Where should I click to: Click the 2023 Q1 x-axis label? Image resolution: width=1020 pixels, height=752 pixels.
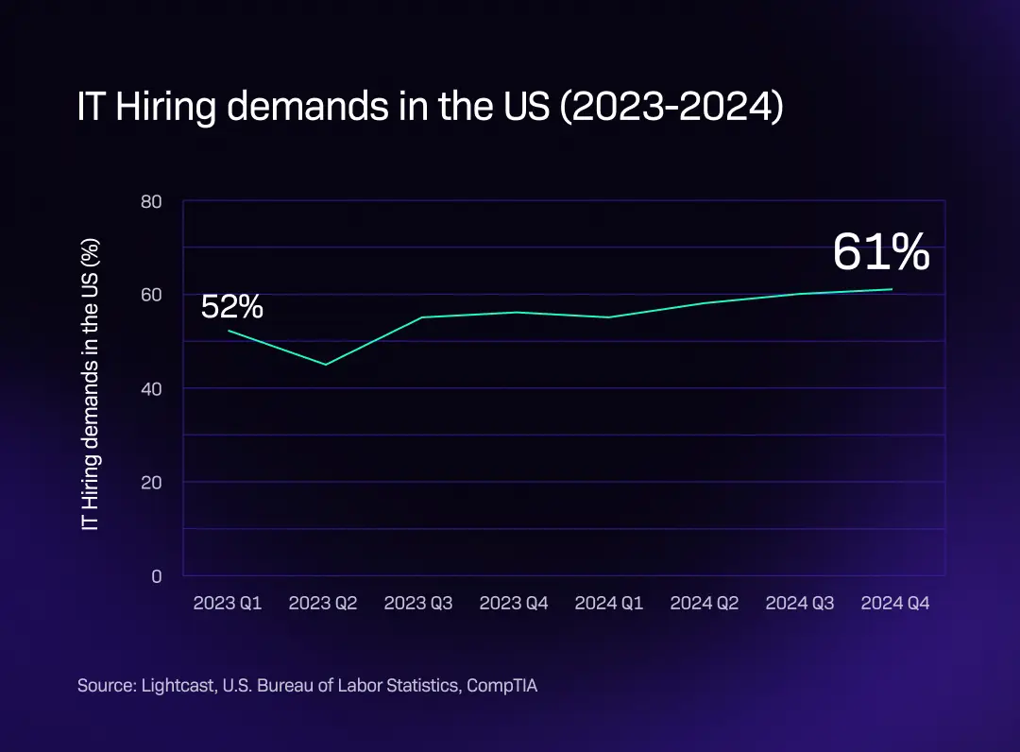tap(228, 603)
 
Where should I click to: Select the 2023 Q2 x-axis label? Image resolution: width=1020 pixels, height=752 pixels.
tap(323, 603)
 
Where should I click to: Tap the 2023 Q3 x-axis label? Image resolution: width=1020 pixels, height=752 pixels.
tap(418, 603)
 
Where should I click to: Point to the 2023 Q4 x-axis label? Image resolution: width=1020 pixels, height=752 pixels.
tap(514, 603)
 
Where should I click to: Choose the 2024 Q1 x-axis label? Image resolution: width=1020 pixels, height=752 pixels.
tap(609, 603)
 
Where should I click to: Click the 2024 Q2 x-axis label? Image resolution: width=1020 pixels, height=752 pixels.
tap(705, 603)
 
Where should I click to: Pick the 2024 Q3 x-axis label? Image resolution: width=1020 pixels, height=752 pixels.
tap(800, 603)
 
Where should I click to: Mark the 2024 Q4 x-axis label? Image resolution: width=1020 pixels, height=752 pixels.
tap(895, 603)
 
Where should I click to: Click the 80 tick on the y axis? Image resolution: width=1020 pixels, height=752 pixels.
tap(152, 200)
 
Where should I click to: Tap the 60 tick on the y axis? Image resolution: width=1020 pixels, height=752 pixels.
tap(152, 295)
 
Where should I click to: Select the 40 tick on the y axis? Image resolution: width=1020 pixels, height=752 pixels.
tap(152, 388)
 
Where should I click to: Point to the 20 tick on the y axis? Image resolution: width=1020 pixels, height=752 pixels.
tap(152, 482)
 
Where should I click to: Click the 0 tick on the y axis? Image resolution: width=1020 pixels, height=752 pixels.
tap(157, 575)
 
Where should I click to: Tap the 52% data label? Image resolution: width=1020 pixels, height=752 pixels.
tap(232, 307)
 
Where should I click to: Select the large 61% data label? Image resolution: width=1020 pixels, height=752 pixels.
tap(881, 253)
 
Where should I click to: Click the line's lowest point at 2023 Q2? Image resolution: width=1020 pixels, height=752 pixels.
tap(326, 365)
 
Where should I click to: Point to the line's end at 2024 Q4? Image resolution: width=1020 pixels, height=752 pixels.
tap(892, 289)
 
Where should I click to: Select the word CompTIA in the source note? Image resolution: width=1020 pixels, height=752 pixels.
tap(503, 686)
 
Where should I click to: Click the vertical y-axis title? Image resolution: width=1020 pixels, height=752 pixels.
tap(91, 384)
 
